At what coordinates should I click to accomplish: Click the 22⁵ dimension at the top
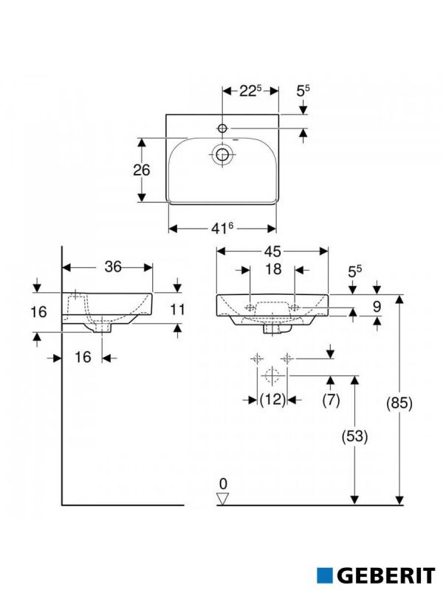point(250,91)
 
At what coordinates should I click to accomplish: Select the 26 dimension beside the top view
point(141,170)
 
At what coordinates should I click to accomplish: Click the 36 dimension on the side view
point(112,267)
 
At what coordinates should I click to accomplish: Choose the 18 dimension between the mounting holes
point(273,270)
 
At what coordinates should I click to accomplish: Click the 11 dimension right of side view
point(177,310)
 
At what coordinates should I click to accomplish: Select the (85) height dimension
point(399,403)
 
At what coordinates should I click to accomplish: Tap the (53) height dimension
point(355,436)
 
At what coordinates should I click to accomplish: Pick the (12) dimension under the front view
point(272,400)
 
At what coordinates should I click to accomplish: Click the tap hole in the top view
point(222,129)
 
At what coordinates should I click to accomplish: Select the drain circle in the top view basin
point(222,154)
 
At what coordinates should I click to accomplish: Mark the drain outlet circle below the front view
point(272,376)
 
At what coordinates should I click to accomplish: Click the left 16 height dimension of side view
point(38,312)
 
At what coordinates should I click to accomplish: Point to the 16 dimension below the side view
point(83,357)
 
